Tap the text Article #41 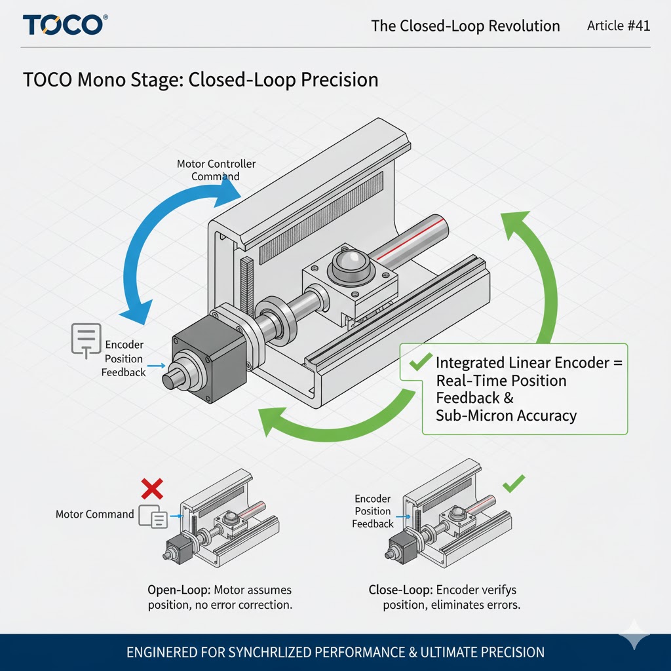click(618, 26)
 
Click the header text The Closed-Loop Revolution click(465, 26)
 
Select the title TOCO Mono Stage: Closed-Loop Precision click(201, 80)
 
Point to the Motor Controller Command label click(216, 170)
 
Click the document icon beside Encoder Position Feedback click(86, 339)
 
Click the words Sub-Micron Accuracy click(506, 415)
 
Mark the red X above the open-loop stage click(152, 489)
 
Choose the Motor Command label click(94, 514)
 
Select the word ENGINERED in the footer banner click(163, 653)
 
